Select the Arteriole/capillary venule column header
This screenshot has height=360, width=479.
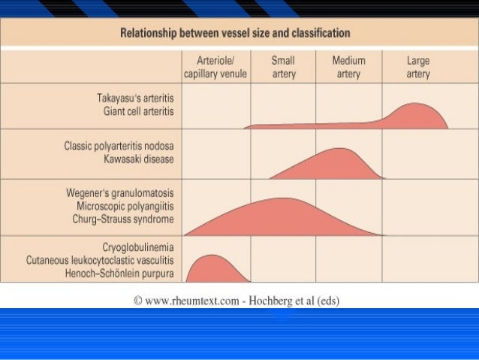(215, 68)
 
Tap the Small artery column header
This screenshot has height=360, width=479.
(283, 68)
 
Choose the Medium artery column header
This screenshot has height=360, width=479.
(348, 68)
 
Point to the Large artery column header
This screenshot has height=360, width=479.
(417, 68)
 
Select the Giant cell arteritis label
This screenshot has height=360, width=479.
(138, 111)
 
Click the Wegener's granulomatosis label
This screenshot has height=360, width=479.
(120, 192)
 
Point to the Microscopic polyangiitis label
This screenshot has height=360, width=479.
(125, 205)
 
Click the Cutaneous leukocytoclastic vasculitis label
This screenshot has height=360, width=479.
(100, 259)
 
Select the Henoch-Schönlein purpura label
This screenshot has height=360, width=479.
(121, 272)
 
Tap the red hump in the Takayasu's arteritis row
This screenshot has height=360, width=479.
(413, 116)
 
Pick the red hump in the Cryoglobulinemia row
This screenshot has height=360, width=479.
(212, 269)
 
